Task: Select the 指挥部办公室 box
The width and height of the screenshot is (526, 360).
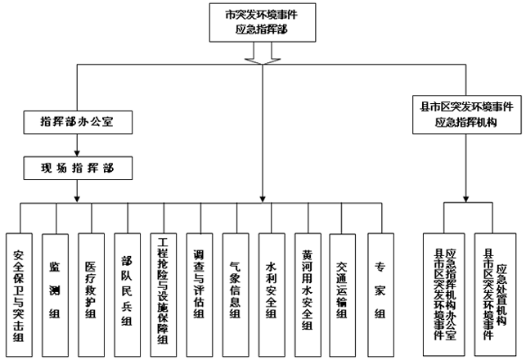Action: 76,121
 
